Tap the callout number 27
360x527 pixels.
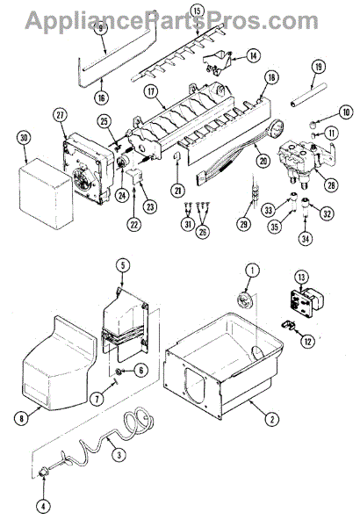click(60, 114)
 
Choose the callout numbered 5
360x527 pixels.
click(123, 263)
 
